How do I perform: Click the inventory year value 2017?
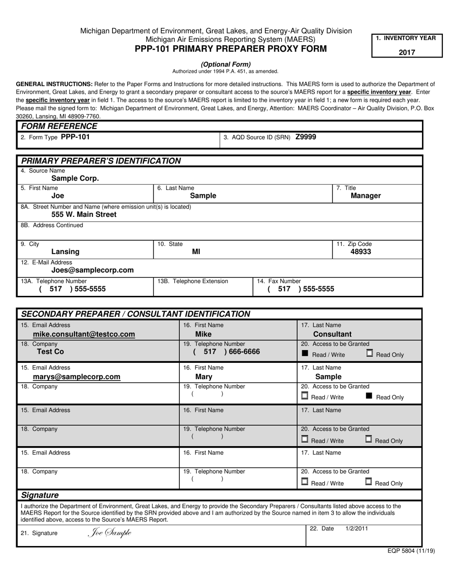406,52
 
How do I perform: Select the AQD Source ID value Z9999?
305,137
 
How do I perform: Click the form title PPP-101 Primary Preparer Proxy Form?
231,49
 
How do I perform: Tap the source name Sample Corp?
75,178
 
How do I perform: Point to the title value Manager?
366,195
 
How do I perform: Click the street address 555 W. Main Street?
84,214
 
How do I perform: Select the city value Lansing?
66,252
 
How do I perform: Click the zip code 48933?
361,252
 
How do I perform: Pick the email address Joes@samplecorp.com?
93,270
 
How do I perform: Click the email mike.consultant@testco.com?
84,334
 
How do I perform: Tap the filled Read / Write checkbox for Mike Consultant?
305,353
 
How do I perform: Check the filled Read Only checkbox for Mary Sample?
369,396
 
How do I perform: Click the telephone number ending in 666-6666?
227,352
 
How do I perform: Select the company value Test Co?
50,352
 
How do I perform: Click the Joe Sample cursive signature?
110,533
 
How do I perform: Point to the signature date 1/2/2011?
356,528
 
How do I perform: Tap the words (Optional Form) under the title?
225,64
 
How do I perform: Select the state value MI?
196,252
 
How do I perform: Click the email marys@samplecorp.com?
76,377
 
